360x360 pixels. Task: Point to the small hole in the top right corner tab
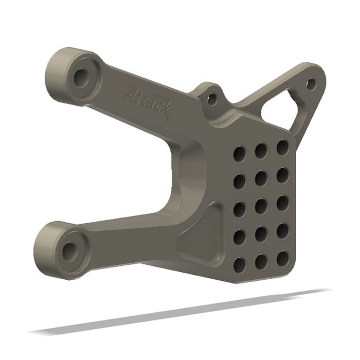(x=310, y=82)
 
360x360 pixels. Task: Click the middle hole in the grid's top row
(x=261, y=150)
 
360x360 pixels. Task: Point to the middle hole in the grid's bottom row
(x=261, y=261)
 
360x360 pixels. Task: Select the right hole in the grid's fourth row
(x=282, y=229)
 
